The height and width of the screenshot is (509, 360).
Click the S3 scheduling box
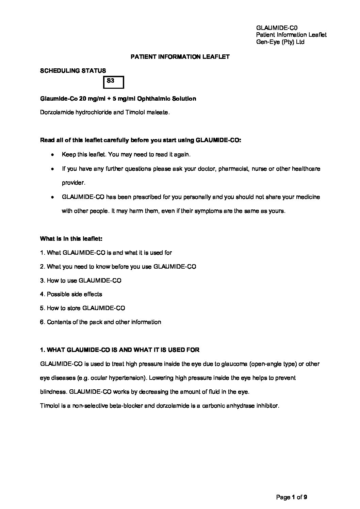113,82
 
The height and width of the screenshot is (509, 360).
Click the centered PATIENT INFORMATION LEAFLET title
180,57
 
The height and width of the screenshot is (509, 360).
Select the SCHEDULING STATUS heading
73,71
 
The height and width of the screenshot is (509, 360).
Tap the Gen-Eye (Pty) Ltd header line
280,42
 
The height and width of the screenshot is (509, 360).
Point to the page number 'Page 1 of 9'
292,497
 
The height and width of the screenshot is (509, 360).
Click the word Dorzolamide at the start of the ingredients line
55,113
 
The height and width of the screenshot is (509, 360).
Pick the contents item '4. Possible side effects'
71,294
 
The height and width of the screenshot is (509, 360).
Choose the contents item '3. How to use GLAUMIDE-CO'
80,281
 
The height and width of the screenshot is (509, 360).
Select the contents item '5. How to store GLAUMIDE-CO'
82,308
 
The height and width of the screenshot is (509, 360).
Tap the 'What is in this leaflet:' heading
71,239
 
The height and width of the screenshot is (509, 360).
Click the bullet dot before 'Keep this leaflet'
52,155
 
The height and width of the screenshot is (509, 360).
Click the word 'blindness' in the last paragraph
53,392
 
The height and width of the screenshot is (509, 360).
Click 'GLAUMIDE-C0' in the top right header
277,28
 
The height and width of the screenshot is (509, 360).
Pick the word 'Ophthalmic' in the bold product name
152,99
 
